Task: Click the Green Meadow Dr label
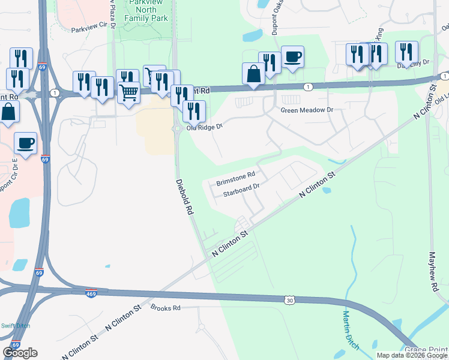click(x=307, y=110)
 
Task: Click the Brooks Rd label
click(x=166, y=308)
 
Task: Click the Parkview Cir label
click(x=92, y=29)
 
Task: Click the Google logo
click(x=20, y=353)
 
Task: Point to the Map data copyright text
click(x=412, y=355)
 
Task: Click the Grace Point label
click(x=427, y=349)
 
